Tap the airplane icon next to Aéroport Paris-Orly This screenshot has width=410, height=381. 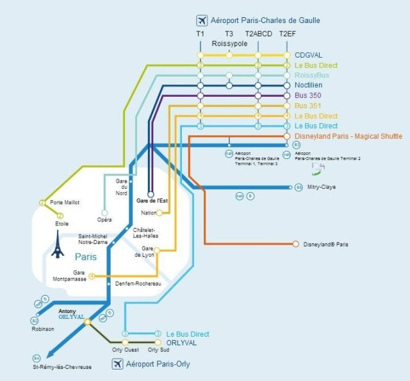point(117,364)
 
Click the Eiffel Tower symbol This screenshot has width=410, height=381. point(58,244)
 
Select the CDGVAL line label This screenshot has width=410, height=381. point(309,55)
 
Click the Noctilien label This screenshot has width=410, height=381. point(309,85)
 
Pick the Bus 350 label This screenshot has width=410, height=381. point(309,95)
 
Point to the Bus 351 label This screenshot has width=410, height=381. point(309,106)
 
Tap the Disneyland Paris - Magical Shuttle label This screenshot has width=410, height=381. point(348,136)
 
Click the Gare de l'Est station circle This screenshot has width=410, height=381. point(151,193)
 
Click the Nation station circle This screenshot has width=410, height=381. point(159,213)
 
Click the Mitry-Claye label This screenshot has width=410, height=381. point(322,188)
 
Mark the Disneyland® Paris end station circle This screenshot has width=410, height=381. point(295,244)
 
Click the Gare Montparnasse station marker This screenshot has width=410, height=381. point(92,276)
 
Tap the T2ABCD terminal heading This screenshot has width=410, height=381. point(258,33)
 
